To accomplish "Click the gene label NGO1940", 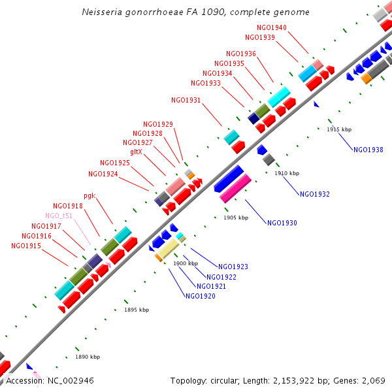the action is click(271, 28).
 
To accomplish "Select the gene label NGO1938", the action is click(368, 150).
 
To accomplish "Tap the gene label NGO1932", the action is click(315, 194).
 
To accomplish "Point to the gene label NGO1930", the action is click(282, 223).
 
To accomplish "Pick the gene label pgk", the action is click(90, 195).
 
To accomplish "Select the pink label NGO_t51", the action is click(59, 216).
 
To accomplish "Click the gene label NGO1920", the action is click(201, 296).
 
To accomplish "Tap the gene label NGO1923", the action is click(233, 267).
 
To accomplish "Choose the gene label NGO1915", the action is click(26, 246).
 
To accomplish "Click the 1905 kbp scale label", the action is click(236, 218).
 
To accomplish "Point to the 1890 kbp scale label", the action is click(88, 357).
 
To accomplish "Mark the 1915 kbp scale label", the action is click(339, 129).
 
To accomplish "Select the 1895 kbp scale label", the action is click(137, 310).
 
